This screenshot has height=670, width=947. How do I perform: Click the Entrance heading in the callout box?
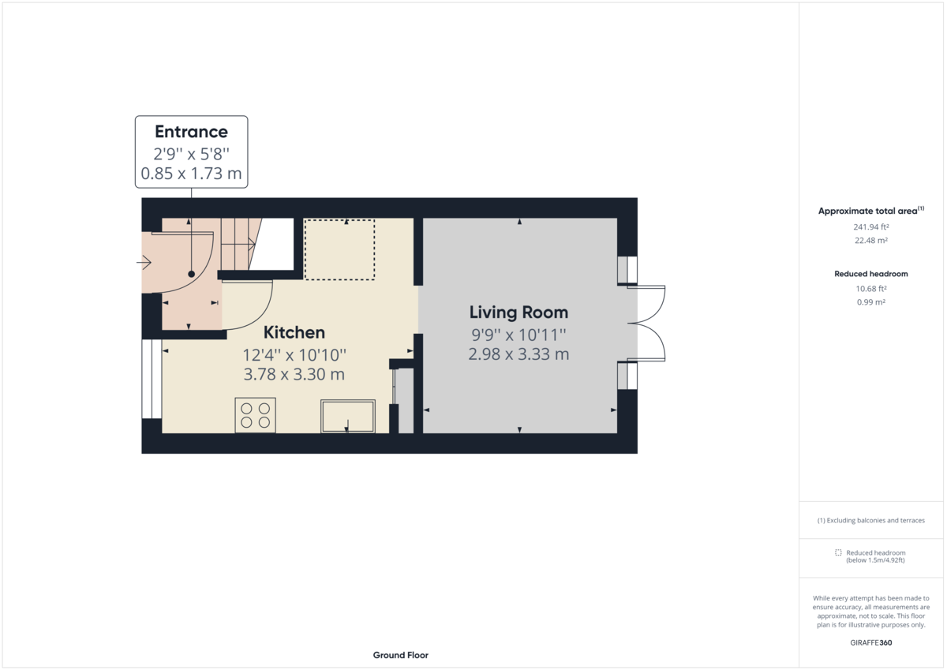[191, 132]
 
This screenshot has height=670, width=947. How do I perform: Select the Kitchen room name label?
[294, 332]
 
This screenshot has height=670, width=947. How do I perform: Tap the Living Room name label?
[518, 312]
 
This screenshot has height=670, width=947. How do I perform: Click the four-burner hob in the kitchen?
[255, 415]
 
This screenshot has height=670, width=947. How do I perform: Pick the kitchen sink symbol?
[347, 416]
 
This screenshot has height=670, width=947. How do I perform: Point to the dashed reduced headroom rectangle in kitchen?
[339, 249]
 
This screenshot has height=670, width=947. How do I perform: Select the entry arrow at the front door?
[144, 262]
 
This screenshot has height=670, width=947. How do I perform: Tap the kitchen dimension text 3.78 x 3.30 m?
[294, 374]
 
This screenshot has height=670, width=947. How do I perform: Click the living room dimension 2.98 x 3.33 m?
[518, 354]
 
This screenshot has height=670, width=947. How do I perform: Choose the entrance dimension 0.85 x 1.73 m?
[191, 174]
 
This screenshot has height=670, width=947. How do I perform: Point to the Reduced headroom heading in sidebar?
[870, 274]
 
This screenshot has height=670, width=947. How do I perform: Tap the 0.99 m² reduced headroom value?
[870, 302]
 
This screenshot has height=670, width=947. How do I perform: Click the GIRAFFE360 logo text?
[870, 642]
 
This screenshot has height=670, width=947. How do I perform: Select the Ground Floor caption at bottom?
[401, 655]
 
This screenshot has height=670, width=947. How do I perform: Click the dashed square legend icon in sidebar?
[838, 552]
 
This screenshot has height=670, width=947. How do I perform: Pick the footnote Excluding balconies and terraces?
[870, 521]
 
